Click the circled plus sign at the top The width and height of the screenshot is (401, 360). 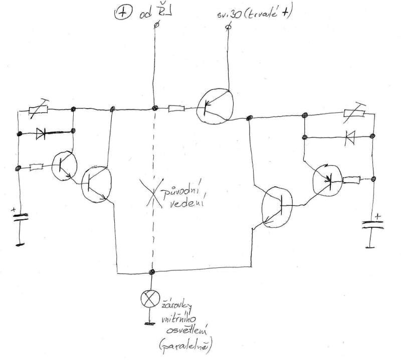point(121,15)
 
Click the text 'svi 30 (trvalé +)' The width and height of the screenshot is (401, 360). point(250,14)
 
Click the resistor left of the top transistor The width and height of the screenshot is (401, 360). point(176,108)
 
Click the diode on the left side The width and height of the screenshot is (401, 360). point(43,134)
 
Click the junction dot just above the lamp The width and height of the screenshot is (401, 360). point(151,272)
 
